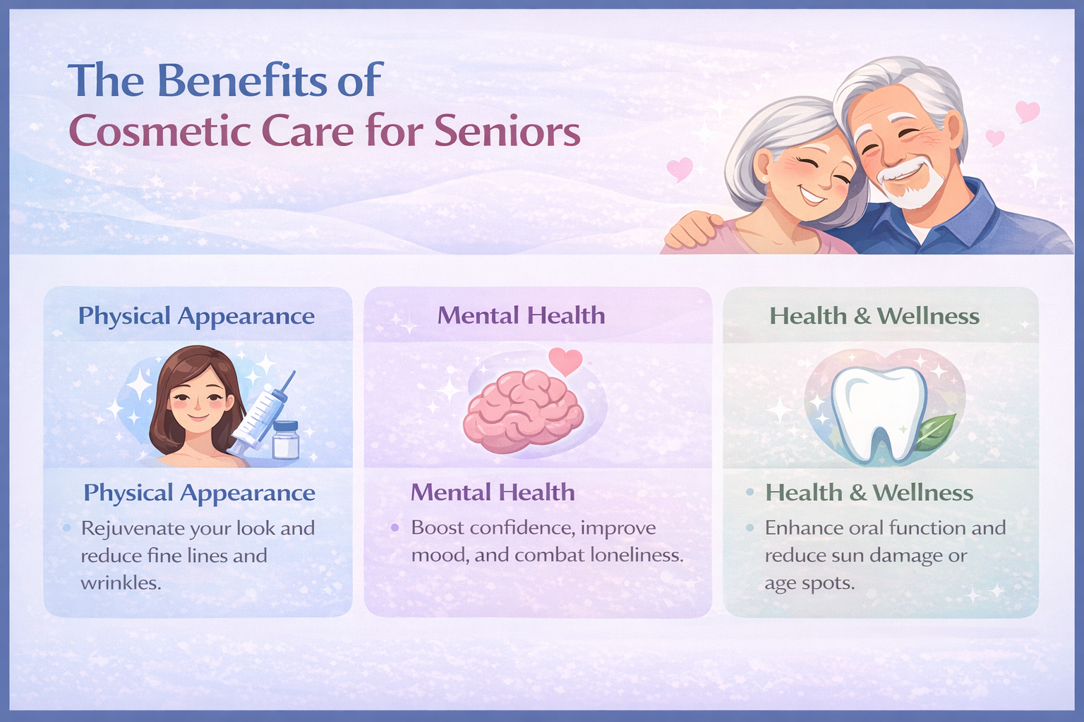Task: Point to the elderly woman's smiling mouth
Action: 811,195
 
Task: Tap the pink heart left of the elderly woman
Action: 680,169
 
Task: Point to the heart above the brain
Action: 565,361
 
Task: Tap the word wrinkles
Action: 121,583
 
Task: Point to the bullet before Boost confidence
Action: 395,527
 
